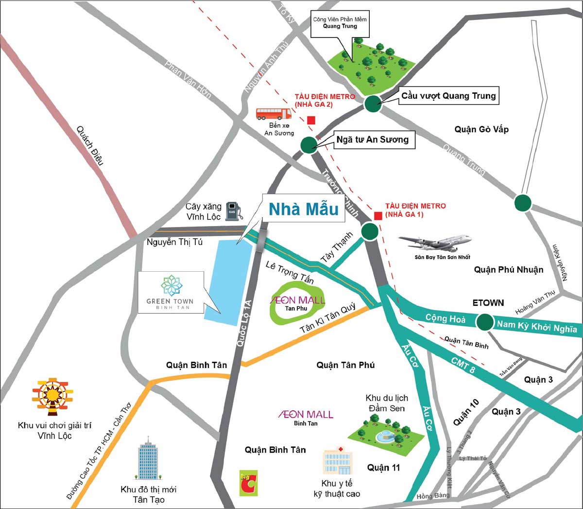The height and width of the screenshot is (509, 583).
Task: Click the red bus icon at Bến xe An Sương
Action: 274,114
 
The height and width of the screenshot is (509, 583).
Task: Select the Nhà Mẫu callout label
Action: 304,209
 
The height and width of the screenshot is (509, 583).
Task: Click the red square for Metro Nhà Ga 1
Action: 377,216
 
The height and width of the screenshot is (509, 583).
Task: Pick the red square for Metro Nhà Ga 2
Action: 311,120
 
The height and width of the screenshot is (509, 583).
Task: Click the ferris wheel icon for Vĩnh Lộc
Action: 52,396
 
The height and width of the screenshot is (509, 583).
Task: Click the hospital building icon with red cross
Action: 337,461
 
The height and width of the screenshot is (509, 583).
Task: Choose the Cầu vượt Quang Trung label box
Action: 448,96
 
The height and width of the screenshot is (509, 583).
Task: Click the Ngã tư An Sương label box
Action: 373,140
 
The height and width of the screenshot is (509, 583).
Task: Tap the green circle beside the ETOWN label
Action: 484,321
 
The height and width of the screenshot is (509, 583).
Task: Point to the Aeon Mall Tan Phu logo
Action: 297,301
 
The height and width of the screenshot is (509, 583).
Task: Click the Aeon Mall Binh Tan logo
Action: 306,415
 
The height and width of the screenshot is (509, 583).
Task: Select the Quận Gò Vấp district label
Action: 481,129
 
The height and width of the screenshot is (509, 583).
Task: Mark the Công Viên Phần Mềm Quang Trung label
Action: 340,23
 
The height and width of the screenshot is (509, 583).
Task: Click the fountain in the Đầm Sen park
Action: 386,434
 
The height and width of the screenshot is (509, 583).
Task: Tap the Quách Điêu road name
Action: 90,146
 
